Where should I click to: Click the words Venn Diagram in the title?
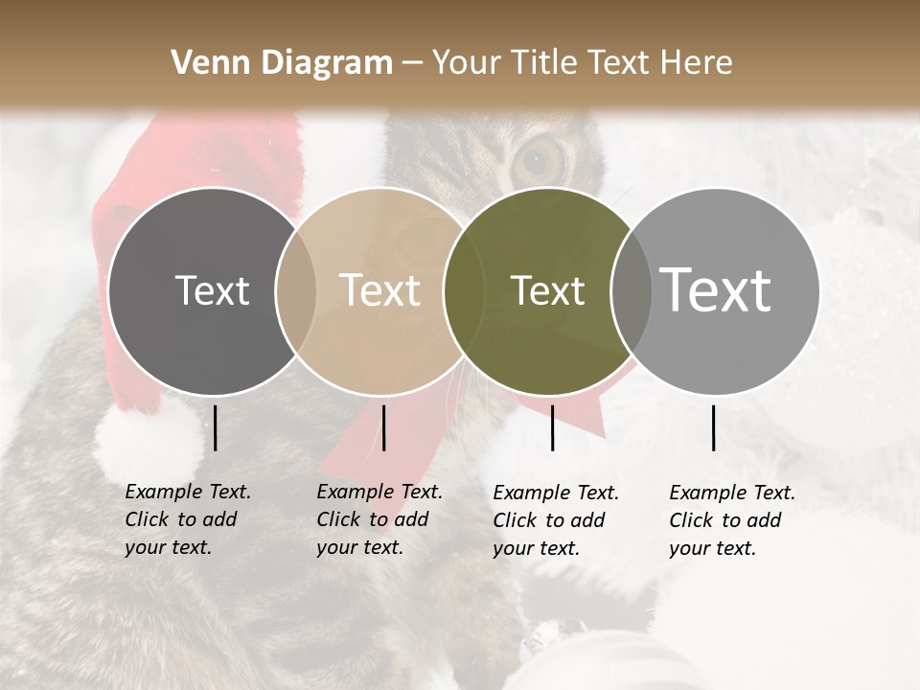pos(282,62)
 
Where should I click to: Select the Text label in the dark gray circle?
pos(212,290)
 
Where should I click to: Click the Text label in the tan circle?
pos(379,290)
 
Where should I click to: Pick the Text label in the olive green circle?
pos(547,290)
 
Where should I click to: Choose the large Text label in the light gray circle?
pos(716,290)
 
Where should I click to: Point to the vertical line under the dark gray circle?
pos(216,427)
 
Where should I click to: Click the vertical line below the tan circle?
pos(383,427)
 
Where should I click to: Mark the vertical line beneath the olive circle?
pos(553,427)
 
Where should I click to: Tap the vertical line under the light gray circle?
pos(714,427)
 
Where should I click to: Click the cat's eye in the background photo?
pos(541,160)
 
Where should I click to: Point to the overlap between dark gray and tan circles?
pos(295,290)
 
